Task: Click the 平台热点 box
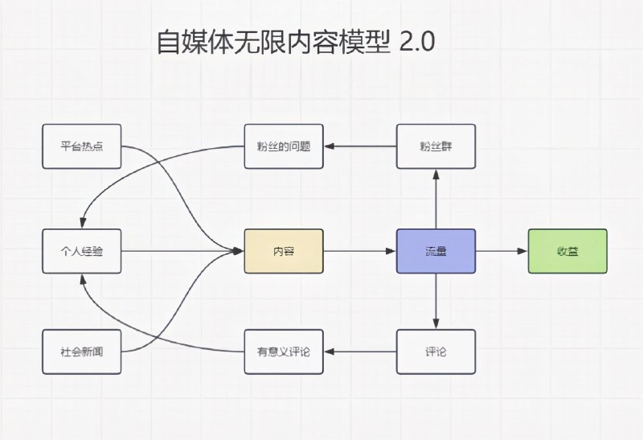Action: [x=81, y=146]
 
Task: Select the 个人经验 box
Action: [x=81, y=251]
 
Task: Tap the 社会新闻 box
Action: [x=81, y=352]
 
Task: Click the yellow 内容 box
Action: [x=284, y=251]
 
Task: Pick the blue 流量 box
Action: [x=436, y=251]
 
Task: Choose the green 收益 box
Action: [x=567, y=251]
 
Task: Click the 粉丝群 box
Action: [x=436, y=146]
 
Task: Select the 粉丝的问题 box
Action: [x=284, y=146]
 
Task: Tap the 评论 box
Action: [x=436, y=352]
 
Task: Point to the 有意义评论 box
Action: [x=284, y=352]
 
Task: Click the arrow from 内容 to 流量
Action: [x=359, y=251]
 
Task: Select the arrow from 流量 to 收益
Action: [x=502, y=251]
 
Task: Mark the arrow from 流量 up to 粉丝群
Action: [x=436, y=199]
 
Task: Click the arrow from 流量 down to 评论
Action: [x=436, y=302]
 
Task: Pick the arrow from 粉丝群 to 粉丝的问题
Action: [x=359, y=146]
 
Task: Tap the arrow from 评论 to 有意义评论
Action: [x=359, y=352]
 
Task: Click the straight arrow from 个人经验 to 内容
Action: [x=181, y=251]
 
